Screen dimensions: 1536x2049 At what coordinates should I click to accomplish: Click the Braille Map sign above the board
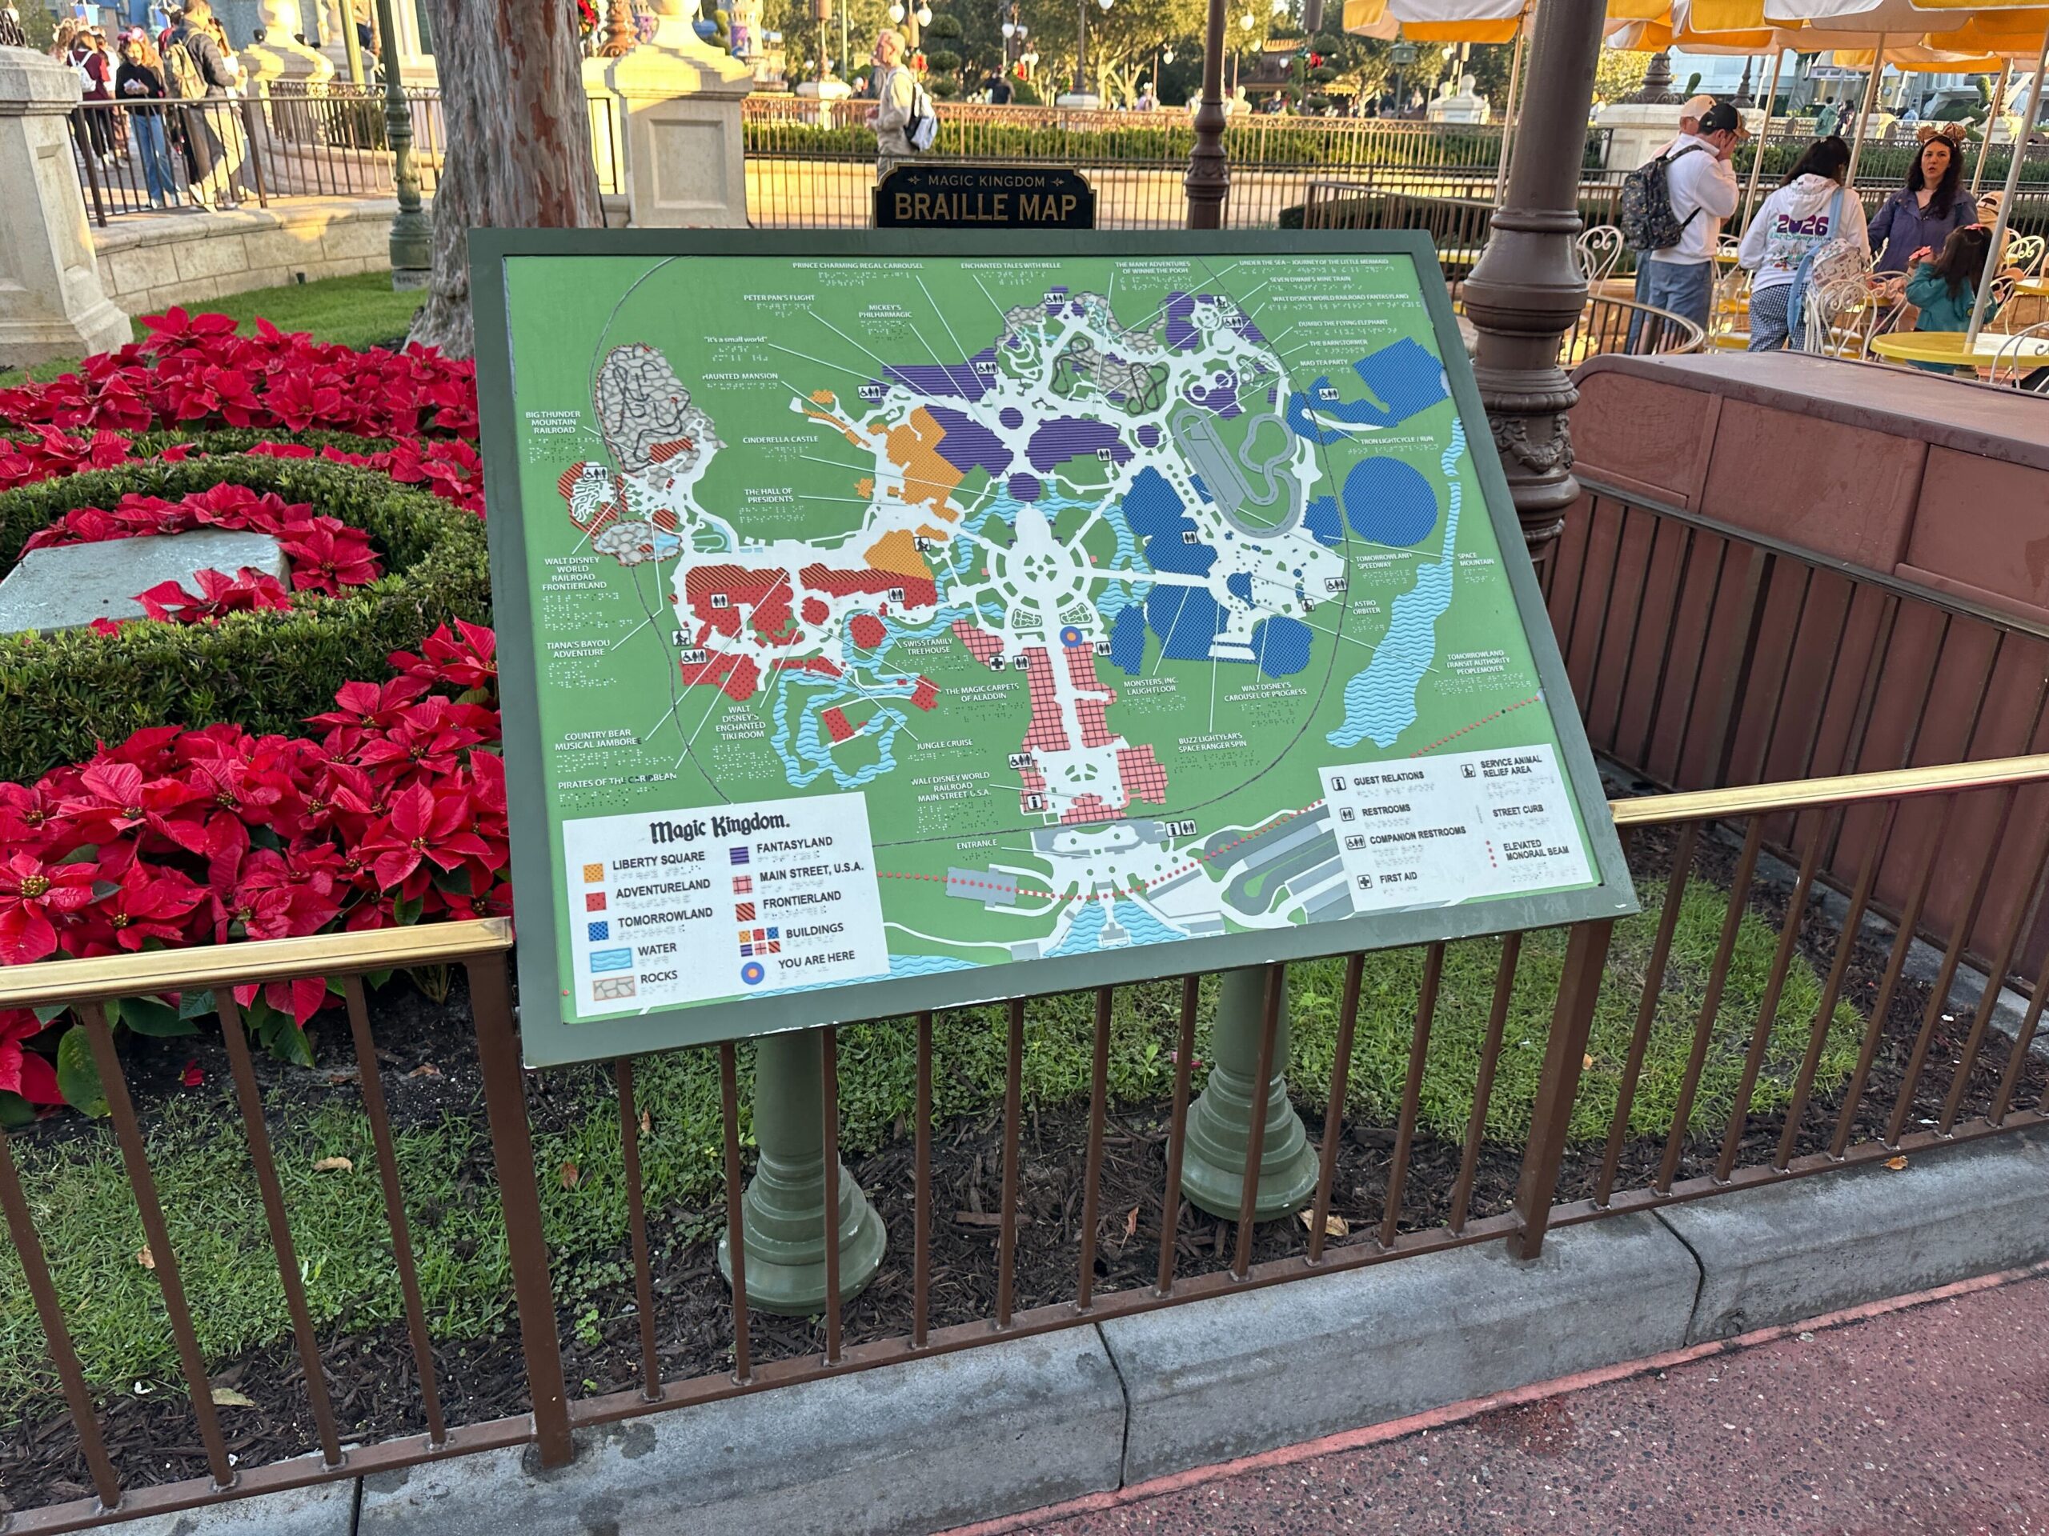click(x=984, y=198)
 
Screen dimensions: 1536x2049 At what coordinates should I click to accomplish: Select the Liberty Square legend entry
click(x=658, y=861)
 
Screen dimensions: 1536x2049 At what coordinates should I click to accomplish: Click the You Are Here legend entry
click(x=815, y=959)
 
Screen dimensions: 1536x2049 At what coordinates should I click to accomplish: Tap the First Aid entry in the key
click(x=1396, y=878)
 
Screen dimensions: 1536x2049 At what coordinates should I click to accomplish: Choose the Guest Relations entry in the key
click(x=1388, y=779)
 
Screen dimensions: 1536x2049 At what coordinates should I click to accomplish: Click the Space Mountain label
click(x=1476, y=558)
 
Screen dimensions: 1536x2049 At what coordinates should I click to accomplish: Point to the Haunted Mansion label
click(x=740, y=376)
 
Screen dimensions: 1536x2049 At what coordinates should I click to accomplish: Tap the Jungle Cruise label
click(x=944, y=743)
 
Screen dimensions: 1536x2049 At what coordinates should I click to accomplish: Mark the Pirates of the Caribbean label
click(x=616, y=781)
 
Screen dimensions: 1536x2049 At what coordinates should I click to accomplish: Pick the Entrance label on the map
click(x=976, y=843)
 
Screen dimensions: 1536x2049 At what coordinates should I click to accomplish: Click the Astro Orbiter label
click(x=1365, y=606)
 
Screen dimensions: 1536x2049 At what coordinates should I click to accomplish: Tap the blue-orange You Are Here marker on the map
click(x=1070, y=636)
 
